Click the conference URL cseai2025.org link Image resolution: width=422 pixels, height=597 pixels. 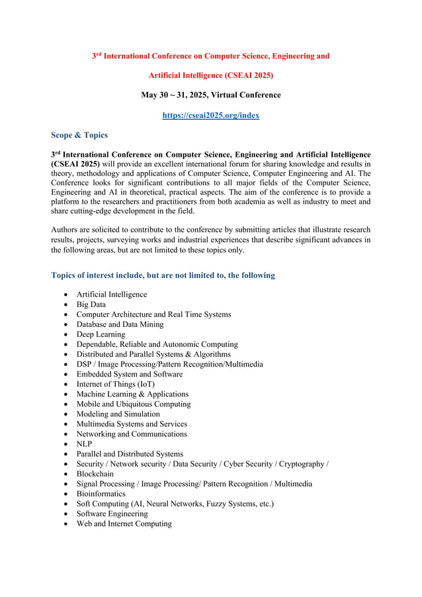pos(210,115)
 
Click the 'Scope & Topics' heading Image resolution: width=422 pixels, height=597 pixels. pos(79,135)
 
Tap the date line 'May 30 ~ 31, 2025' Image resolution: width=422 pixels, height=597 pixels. pos(210,95)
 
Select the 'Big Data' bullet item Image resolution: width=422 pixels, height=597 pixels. pos(91,304)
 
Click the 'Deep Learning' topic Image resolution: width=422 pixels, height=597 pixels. pos(100,334)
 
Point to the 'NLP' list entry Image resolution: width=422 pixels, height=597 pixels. pos(84,444)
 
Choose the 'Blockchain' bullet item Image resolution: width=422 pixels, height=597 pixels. pos(95,474)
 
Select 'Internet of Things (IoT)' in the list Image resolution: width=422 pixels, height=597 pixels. pos(115,384)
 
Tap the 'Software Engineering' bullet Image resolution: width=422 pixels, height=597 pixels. pos(112,514)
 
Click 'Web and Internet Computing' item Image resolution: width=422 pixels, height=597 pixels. pos(124,524)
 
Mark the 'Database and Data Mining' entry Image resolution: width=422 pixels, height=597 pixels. pos(120,324)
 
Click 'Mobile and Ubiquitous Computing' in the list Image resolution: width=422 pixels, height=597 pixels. pos(133,404)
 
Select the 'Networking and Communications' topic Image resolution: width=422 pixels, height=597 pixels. pos(132,434)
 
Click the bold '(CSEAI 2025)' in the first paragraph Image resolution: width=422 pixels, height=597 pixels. pos(76,163)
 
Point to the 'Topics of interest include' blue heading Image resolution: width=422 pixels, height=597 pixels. pos(163,275)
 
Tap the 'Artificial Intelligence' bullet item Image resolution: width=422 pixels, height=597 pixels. pos(111,295)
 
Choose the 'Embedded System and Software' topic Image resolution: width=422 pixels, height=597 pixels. pos(129,374)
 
